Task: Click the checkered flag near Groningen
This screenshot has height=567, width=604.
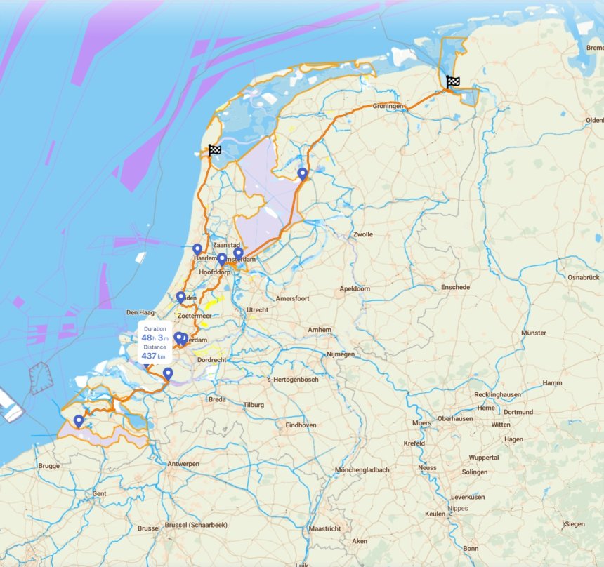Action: click(x=453, y=82)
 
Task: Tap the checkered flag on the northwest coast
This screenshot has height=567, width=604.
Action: click(x=215, y=149)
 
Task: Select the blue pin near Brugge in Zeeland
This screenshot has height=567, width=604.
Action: click(x=79, y=421)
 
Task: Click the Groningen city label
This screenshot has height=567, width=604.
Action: click(x=388, y=106)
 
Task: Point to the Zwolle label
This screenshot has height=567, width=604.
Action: click(x=363, y=234)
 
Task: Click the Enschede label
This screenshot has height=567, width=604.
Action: click(x=455, y=288)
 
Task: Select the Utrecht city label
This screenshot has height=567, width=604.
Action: click(x=257, y=309)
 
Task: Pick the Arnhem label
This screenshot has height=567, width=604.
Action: click(x=319, y=330)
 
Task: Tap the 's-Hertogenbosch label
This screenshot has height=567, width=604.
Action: click(x=293, y=380)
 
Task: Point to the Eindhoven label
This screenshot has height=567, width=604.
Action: click(x=301, y=425)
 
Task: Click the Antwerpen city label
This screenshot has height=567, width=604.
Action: click(x=183, y=464)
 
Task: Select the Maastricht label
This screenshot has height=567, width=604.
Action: click(x=324, y=528)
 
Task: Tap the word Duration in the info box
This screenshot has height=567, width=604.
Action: click(x=155, y=328)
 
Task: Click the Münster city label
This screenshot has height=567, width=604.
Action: click(x=534, y=333)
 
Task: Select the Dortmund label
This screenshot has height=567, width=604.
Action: click(x=518, y=412)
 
